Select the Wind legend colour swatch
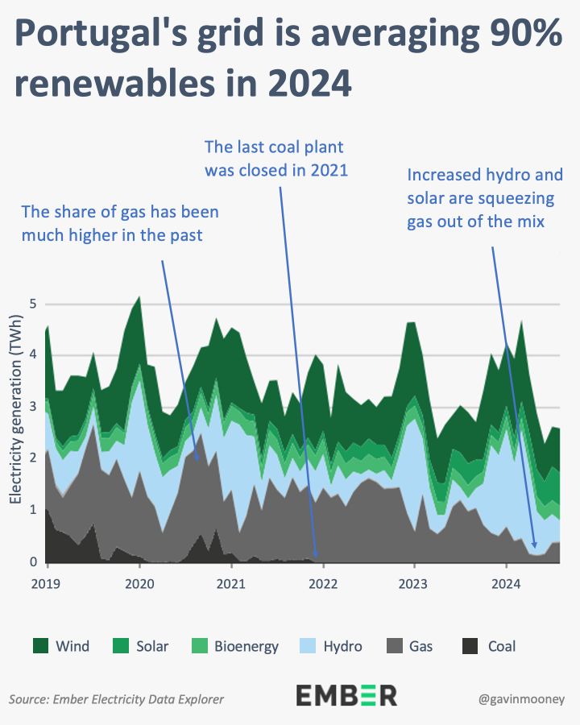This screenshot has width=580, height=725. pos(40,645)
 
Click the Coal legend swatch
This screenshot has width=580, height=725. pos(470,645)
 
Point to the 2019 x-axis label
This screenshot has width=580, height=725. pos(48,582)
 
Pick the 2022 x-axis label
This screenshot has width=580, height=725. pos(322,582)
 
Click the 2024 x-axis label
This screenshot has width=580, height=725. pos(505,582)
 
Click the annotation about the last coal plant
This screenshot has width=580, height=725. pos(274,159)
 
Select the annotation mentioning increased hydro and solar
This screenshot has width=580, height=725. pos(484,197)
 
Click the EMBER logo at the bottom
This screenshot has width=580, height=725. pos(346,695)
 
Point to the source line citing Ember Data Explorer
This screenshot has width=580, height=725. pos(117,698)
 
